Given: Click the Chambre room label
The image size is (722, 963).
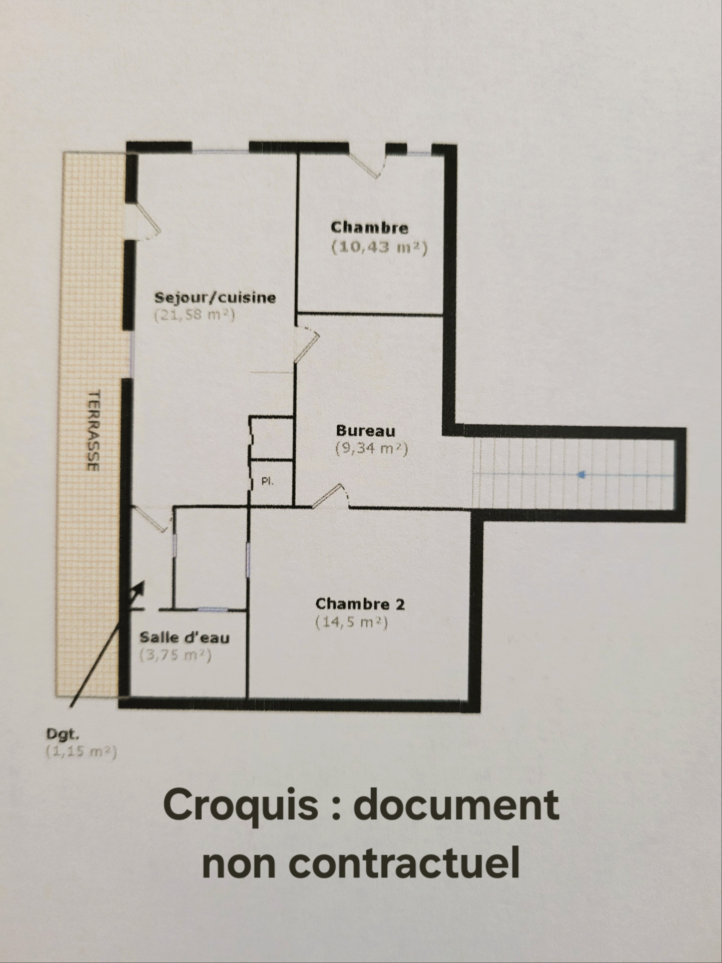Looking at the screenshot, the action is [x=370, y=228].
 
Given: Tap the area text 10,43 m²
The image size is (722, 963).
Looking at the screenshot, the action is [x=380, y=247].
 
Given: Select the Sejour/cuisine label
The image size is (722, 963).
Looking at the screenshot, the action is [x=215, y=297].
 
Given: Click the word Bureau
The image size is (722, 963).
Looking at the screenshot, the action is [x=366, y=430].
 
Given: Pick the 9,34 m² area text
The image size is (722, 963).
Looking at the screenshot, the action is [x=372, y=448].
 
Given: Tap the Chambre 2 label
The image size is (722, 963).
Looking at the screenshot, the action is [x=360, y=604].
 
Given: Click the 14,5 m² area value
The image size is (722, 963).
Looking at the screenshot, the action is [x=352, y=622].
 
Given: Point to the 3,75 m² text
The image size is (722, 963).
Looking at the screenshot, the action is [x=176, y=655].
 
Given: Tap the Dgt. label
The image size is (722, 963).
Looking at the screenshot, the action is [x=63, y=735].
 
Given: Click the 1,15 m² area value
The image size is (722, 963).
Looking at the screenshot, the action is [x=81, y=752].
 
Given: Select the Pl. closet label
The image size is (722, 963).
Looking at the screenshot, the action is [x=268, y=481].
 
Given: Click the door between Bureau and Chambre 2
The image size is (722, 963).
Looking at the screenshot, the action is [x=330, y=497].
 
